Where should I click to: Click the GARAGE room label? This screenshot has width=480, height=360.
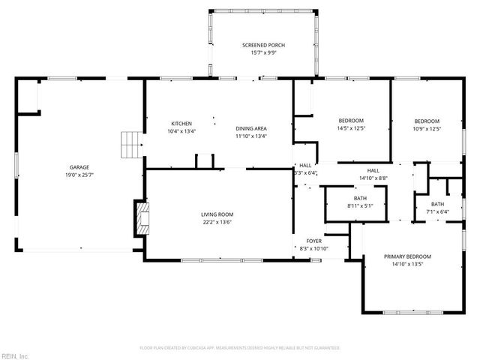pyautogui.click(x=79, y=167)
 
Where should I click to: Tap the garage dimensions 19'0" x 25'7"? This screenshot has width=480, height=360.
pyautogui.click(x=79, y=175)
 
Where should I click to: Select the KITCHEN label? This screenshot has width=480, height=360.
pyautogui.click(x=182, y=124)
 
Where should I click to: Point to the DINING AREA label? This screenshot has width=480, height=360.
pyautogui.click(x=251, y=128)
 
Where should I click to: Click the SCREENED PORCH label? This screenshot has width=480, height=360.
pyautogui.click(x=263, y=46)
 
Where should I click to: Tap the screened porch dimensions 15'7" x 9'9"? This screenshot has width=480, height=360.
pyautogui.click(x=263, y=53)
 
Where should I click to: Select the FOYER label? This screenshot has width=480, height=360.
pyautogui.click(x=313, y=241)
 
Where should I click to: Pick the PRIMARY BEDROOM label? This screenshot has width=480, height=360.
pyautogui.click(x=407, y=256)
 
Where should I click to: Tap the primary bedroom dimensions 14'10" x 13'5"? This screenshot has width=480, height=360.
pyautogui.click(x=407, y=264)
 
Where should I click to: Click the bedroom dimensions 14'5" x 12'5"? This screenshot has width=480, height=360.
pyautogui.click(x=351, y=128)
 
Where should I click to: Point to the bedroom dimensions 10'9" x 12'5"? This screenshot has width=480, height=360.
pyautogui.click(x=427, y=128)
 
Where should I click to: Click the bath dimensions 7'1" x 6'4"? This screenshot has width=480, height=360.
pyautogui.click(x=438, y=212)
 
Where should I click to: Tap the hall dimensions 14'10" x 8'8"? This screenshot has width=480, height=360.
pyautogui.click(x=373, y=178)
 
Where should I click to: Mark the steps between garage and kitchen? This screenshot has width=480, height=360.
pyautogui.click(x=132, y=144)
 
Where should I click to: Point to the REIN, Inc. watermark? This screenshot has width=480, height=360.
pyautogui.click(x=14, y=355)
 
